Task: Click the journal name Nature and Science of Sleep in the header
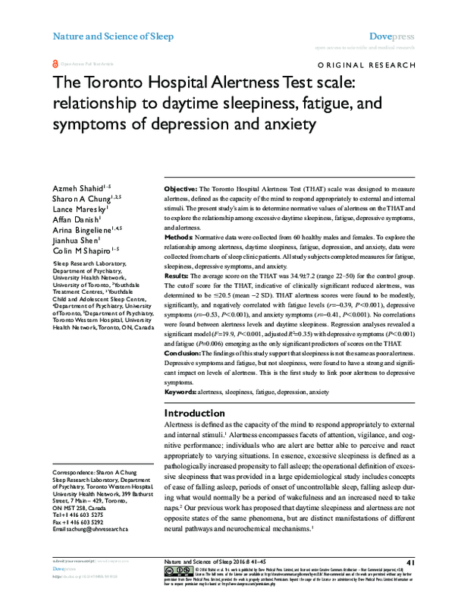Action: coord(112,36)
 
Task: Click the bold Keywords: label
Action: coord(182,392)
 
